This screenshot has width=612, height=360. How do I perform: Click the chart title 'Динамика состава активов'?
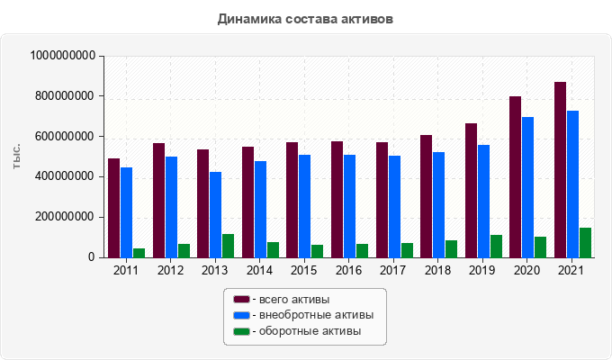tap(305, 19)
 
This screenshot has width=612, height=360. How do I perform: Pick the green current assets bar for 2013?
tap(228, 246)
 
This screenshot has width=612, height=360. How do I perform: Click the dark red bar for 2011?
tap(113, 208)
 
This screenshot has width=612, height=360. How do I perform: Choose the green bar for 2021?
tap(585, 242)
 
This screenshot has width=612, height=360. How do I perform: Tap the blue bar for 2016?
tap(349, 206)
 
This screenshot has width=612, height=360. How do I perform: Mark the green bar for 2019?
tap(496, 246)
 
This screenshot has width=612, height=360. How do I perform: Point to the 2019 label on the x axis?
tap(482, 270)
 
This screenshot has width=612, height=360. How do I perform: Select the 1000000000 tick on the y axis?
tap(63, 56)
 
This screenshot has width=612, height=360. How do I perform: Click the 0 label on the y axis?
tap(92, 257)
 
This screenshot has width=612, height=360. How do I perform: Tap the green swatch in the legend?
tap(241, 332)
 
